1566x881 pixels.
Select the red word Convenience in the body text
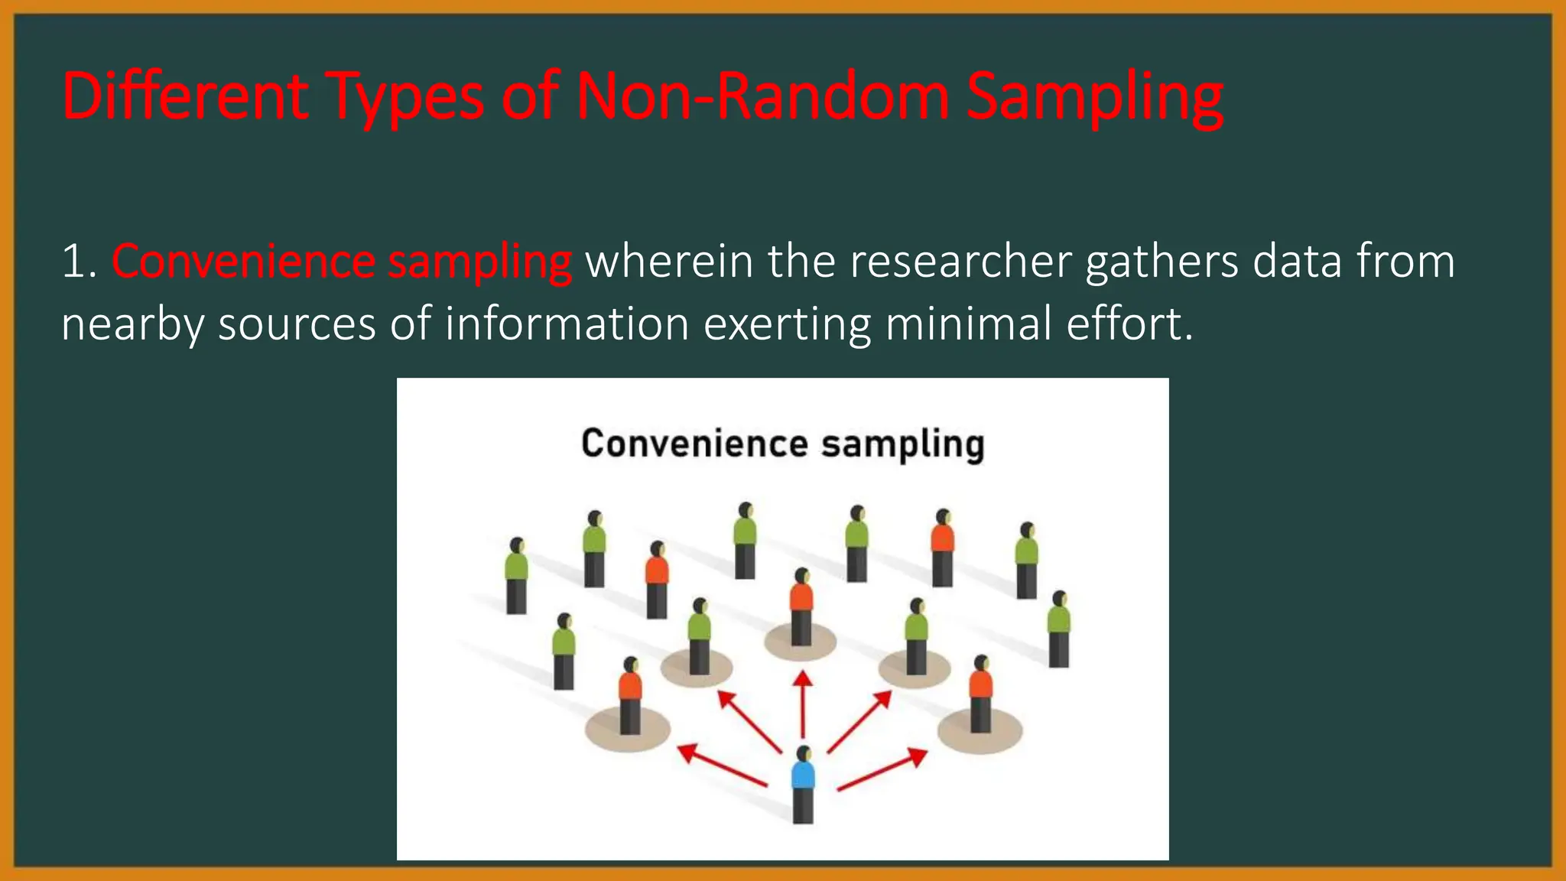tap(243, 262)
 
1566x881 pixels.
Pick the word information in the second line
tap(567, 323)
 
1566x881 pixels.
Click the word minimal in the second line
tap(969, 323)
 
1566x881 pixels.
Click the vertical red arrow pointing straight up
tap(803, 704)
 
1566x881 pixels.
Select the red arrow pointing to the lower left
tap(722, 765)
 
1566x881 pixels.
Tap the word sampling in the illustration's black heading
tap(902, 445)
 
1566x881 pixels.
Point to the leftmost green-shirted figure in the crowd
tap(517, 575)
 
